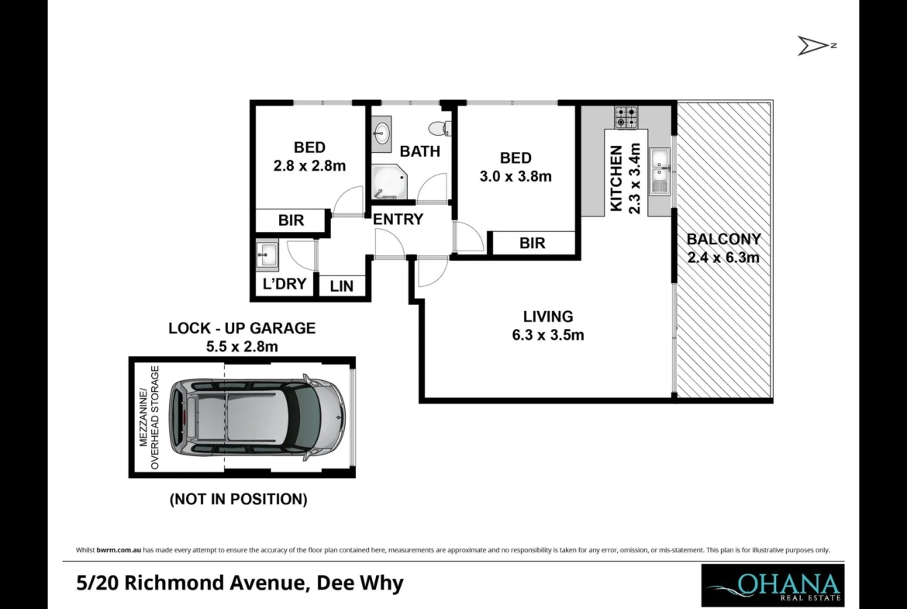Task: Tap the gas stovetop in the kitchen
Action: click(626, 117)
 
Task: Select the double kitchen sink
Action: click(660, 171)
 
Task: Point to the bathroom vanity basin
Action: click(381, 133)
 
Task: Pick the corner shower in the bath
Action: click(388, 182)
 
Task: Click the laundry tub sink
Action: click(267, 254)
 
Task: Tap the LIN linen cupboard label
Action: click(342, 286)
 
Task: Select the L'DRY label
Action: click(284, 284)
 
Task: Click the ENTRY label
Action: click(398, 220)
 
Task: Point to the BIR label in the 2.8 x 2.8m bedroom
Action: click(291, 220)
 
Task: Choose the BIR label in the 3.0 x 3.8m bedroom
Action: click(532, 243)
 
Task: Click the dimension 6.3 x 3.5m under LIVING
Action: click(548, 335)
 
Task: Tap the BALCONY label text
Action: click(723, 239)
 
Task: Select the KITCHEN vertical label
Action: click(616, 179)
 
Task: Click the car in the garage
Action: click(257, 417)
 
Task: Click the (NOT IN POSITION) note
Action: click(238, 499)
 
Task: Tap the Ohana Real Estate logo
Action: click(773, 585)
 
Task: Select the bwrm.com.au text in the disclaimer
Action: click(119, 550)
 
